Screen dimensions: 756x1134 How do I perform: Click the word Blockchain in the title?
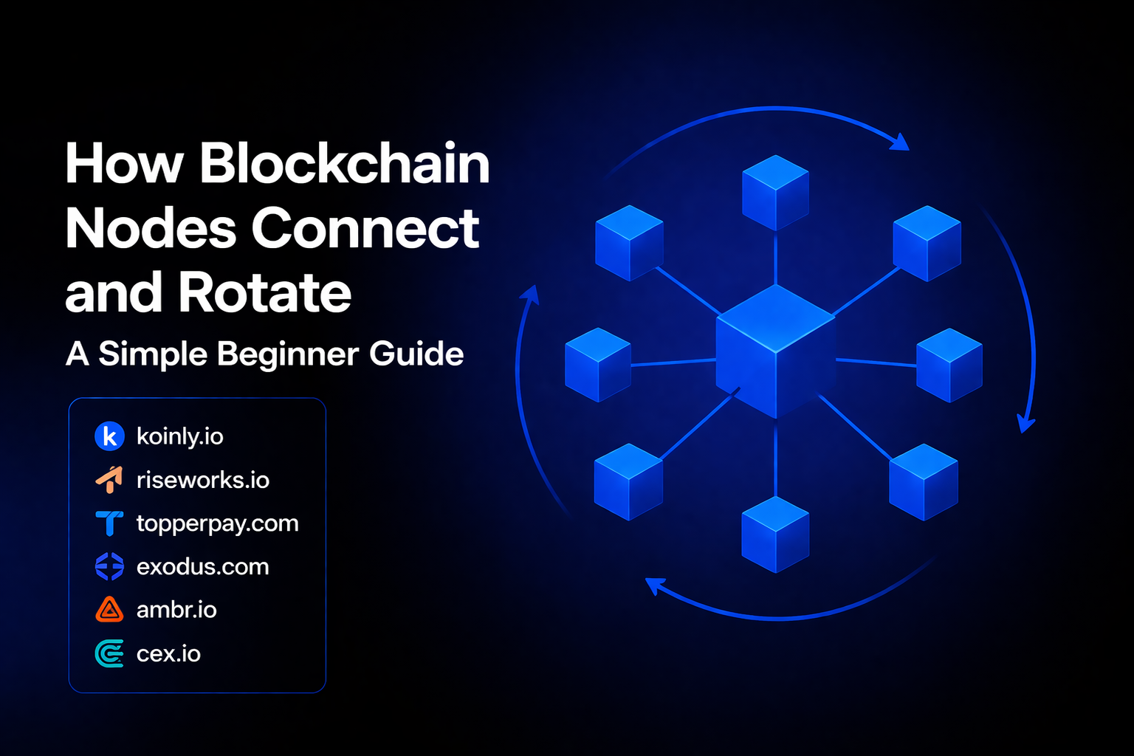(344, 163)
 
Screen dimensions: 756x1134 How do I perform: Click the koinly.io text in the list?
(179, 436)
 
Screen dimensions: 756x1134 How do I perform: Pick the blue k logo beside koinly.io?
(109, 436)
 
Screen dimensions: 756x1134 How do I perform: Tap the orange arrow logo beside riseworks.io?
(109, 480)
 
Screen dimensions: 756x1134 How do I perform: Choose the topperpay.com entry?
(217, 523)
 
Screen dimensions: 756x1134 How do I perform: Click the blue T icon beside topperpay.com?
(109, 523)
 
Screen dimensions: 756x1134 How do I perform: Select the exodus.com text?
(202, 567)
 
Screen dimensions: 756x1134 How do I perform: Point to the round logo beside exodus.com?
(109, 567)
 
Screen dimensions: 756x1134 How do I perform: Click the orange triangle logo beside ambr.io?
(109, 610)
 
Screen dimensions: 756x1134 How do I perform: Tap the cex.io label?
(168, 654)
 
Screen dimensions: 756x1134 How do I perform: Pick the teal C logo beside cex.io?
(109, 654)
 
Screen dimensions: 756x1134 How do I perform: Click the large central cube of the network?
(775, 351)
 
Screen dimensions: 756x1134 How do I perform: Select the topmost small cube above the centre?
(775, 192)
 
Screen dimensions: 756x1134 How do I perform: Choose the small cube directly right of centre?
(949, 365)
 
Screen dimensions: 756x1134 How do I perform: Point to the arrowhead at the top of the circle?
(900, 142)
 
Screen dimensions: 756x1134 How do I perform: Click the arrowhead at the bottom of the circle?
(654, 586)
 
